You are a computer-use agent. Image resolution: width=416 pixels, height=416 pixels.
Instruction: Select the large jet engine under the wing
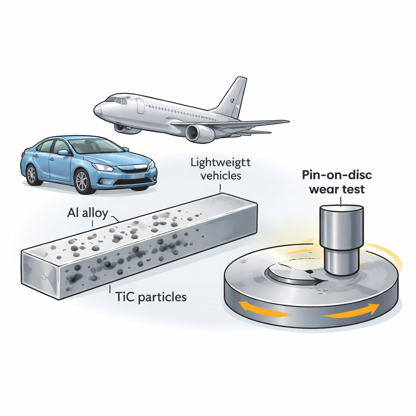[x=199, y=133]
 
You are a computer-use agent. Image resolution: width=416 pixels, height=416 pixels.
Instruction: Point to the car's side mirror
[x=63, y=152]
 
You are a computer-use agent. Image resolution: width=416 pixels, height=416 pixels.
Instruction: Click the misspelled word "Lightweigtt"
[x=220, y=163]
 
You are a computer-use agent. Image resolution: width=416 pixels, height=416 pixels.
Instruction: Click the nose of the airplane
[x=97, y=110]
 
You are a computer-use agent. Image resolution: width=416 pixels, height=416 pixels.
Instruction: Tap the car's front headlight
[x=102, y=167]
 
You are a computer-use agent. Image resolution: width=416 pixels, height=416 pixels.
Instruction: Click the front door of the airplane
[x=140, y=106]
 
